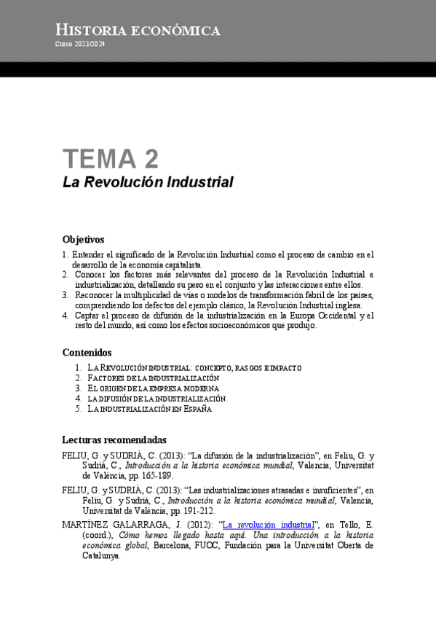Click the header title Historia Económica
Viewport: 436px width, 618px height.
pyautogui.click(x=138, y=30)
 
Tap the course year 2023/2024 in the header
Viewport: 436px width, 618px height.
pyautogui.click(x=80, y=44)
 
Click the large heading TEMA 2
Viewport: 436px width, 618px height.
pyautogui.click(x=110, y=158)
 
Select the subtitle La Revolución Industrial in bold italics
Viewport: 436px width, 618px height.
pyautogui.click(x=148, y=182)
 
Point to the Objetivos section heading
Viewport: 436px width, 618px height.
pyautogui.click(x=84, y=239)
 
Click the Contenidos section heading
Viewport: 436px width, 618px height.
pyautogui.click(x=87, y=353)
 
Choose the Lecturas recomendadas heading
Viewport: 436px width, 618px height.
pyautogui.click(x=114, y=440)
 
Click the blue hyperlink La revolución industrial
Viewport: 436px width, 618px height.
pyautogui.click(x=268, y=524)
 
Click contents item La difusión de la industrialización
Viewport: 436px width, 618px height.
pyautogui.click(x=157, y=399)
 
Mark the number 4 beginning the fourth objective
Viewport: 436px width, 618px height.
pyautogui.click(x=66, y=316)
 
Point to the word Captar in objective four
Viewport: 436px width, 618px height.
pyautogui.click(x=87, y=316)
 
